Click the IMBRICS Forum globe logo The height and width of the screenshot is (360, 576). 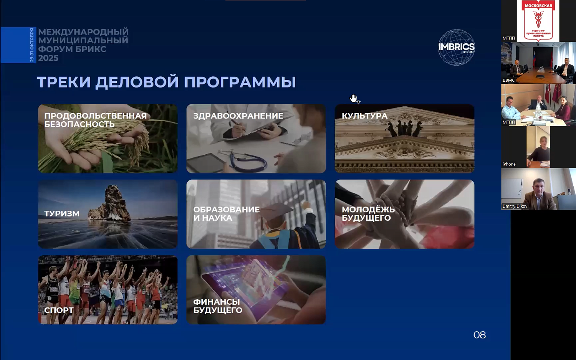pos(457,48)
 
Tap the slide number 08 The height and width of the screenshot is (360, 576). pos(480,335)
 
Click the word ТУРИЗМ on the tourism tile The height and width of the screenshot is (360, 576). pos(62,213)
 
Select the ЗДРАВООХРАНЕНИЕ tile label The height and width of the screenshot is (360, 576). pos(238,116)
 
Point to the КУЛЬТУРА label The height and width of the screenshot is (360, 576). pos(364,116)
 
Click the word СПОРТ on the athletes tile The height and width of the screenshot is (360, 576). pos(59,310)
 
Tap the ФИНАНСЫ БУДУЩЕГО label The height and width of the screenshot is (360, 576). pos(218,306)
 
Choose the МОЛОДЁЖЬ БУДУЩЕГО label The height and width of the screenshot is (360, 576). pos(368,213)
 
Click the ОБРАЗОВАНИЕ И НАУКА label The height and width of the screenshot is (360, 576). pos(226,213)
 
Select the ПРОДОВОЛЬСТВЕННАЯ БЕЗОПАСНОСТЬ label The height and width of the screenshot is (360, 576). pos(95,120)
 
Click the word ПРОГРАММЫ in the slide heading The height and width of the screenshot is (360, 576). pos(240,82)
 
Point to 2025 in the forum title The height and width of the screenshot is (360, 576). pos(48,58)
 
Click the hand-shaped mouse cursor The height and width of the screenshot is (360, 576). pos(354,99)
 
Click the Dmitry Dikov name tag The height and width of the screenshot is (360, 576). pos(515,206)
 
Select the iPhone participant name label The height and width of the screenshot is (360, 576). pos(509,164)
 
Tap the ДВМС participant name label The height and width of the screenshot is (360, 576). pos(508,80)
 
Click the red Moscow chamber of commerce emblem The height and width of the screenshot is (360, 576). pos(538,21)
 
